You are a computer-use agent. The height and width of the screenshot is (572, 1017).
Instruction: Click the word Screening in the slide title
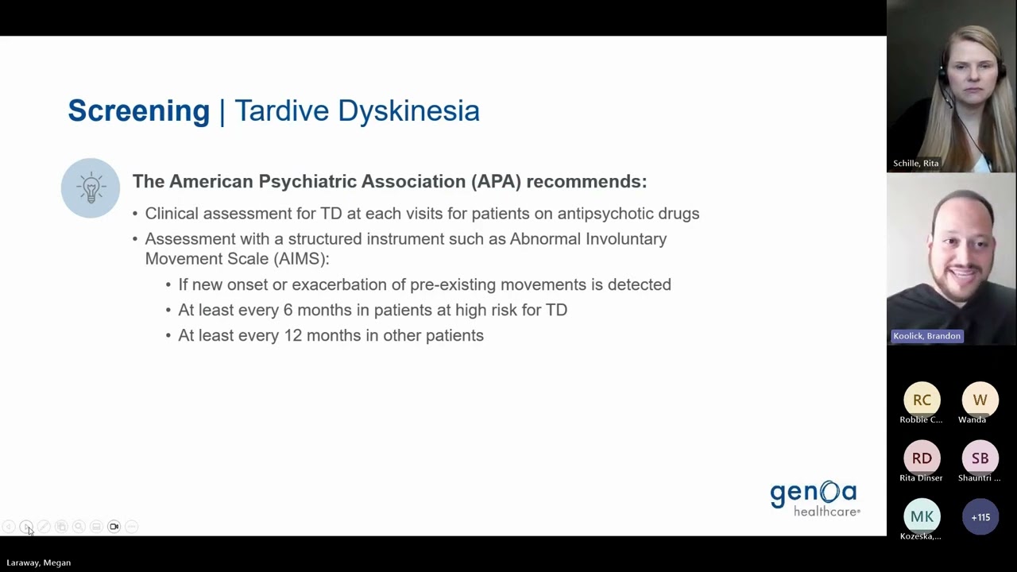pos(138,110)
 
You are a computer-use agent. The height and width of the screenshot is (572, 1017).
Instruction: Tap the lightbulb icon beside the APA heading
pos(91,188)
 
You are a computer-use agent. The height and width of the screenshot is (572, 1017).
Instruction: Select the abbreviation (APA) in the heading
pos(496,181)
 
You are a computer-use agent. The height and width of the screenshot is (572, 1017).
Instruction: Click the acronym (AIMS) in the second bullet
pos(300,259)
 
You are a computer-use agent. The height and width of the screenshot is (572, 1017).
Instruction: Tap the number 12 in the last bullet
pos(292,335)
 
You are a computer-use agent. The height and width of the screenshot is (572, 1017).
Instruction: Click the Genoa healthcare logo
pos(814,499)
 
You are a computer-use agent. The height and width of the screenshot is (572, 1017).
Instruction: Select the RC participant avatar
pos(922,400)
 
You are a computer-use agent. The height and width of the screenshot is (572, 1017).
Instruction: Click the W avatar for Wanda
pos(980,400)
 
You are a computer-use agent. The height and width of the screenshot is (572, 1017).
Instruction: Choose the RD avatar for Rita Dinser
pos(922,458)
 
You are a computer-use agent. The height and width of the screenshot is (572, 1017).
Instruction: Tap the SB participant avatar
pos(980,458)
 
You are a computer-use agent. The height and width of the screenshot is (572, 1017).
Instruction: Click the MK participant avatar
pos(922,517)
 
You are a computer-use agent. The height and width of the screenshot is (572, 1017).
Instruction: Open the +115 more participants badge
pos(980,517)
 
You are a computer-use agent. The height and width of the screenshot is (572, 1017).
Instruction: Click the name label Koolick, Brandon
pos(926,336)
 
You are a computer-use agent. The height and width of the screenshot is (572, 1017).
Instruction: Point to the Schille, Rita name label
pos(915,164)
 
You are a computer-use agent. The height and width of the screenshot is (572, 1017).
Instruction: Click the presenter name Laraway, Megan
pos(39,562)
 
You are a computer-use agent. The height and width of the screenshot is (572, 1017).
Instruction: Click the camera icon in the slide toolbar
pos(114,527)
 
